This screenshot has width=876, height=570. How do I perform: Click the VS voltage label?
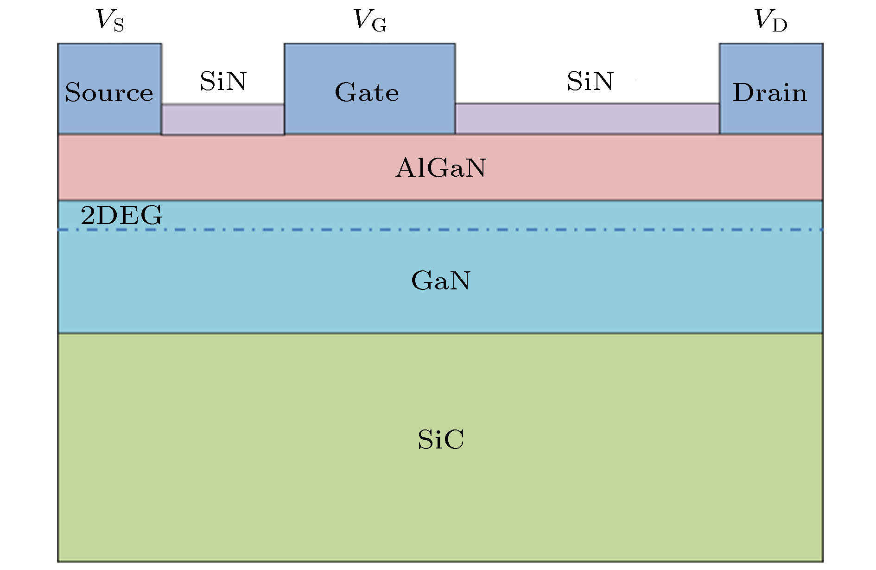[x=110, y=20]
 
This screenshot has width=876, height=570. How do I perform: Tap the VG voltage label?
[x=369, y=20]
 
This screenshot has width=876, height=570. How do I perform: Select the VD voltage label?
[x=771, y=20]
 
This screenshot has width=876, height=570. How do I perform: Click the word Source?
[x=109, y=92]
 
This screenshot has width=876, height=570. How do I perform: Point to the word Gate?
[x=367, y=92]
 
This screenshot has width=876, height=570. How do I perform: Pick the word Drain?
[x=770, y=92]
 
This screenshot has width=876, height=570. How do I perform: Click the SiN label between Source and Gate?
[x=223, y=81]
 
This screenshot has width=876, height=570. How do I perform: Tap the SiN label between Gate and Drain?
[x=590, y=81]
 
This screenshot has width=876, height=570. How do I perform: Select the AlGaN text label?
[x=440, y=167]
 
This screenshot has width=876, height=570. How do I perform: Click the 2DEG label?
[x=121, y=215]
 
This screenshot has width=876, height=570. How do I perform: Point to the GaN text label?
[x=441, y=280]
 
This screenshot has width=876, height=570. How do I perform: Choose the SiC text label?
[x=441, y=439]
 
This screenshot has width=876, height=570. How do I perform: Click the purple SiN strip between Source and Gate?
[x=223, y=119]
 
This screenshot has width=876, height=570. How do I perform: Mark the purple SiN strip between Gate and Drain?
[x=587, y=118]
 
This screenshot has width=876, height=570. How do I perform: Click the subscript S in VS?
[x=119, y=26]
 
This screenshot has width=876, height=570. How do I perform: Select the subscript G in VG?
[x=379, y=26]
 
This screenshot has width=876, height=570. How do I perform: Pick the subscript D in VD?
[x=780, y=26]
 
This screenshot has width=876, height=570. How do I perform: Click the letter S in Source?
[x=73, y=92]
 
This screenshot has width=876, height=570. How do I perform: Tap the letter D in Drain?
[x=742, y=92]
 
